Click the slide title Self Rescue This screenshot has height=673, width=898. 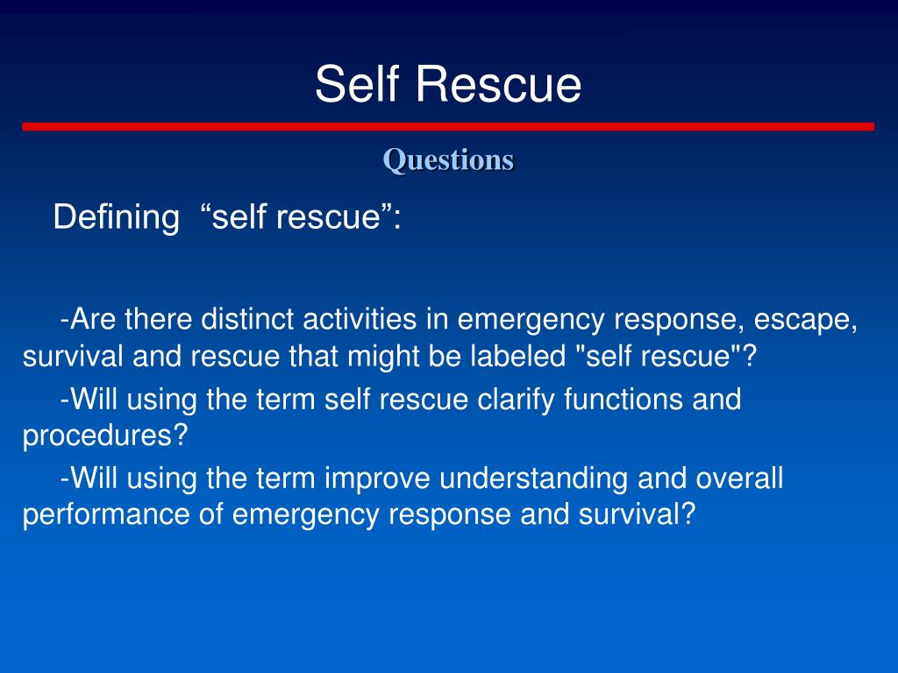click(x=448, y=85)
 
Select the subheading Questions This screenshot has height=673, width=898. click(x=448, y=159)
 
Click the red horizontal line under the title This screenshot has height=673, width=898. click(x=448, y=126)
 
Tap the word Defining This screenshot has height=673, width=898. click(x=116, y=216)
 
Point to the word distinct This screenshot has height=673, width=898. click(x=248, y=320)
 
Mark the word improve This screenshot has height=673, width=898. click(x=377, y=478)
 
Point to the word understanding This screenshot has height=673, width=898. click(x=532, y=478)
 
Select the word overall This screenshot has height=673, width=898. click(x=739, y=478)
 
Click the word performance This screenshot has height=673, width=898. click(x=105, y=515)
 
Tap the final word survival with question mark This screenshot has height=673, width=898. click(x=636, y=515)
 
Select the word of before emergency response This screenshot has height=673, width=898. click(x=210, y=515)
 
